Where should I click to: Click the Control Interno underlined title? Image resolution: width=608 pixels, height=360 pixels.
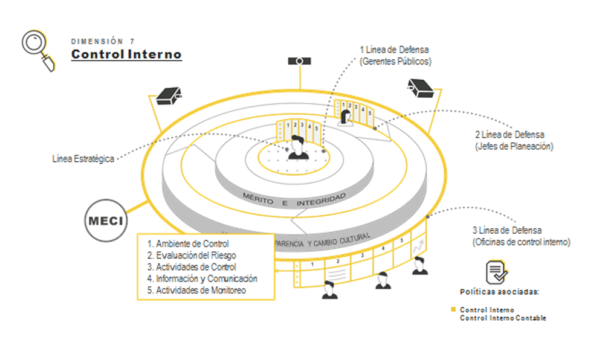coord(126,54)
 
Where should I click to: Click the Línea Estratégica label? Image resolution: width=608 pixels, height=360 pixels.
coord(83,159)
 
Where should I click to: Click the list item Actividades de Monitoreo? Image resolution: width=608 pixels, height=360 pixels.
coord(196,291)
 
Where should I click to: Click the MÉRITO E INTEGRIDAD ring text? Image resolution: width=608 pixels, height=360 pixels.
coord(294,199)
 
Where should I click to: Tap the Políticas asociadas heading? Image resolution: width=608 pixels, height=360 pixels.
coord(499,292)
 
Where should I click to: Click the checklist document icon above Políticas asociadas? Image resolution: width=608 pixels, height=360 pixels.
coord(496,272)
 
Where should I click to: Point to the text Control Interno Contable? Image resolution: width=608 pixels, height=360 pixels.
coord(503,318)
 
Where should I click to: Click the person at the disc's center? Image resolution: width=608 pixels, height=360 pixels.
coord(298,147)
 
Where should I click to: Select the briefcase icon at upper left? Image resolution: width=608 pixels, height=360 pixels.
coord(169,95)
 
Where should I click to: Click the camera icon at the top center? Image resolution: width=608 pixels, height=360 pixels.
coord(299,61)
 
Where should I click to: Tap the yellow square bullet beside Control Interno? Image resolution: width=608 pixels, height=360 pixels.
coord(453,310)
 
